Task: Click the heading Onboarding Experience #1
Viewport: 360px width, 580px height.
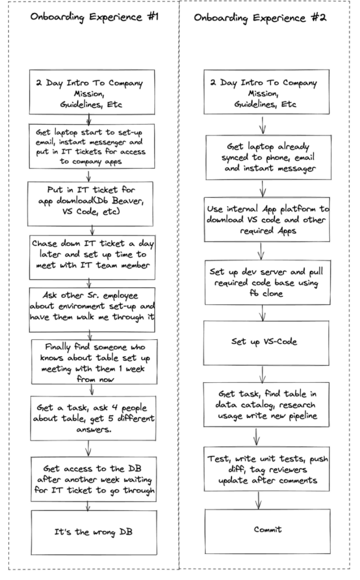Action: tap(95, 17)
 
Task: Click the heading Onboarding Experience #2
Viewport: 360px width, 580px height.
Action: tap(260, 18)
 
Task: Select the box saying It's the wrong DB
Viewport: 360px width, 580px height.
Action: tap(94, 532)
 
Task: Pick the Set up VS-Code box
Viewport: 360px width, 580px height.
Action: tap(266, 343)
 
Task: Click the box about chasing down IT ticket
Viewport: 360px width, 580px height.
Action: tap(92, 258)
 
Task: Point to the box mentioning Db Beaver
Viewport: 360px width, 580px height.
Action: tap(90, 204)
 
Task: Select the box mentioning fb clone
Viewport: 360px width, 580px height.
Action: tap(268, 283)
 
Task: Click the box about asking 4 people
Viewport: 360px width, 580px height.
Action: tap(93, 419)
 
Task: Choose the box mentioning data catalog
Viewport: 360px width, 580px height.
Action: tap(266, 404)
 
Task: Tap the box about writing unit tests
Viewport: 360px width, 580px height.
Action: tap(267, 469)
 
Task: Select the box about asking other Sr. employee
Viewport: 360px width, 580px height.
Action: tap(92, 310)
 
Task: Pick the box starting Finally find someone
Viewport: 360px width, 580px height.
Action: tap(95, 362)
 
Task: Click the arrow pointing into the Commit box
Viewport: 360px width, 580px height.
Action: tap(259, 500)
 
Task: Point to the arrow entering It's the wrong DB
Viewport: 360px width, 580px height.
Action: tap(88, 506)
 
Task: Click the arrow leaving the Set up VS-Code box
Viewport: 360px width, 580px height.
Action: tap(263, 374)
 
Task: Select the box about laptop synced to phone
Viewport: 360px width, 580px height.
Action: tap(269, 157)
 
